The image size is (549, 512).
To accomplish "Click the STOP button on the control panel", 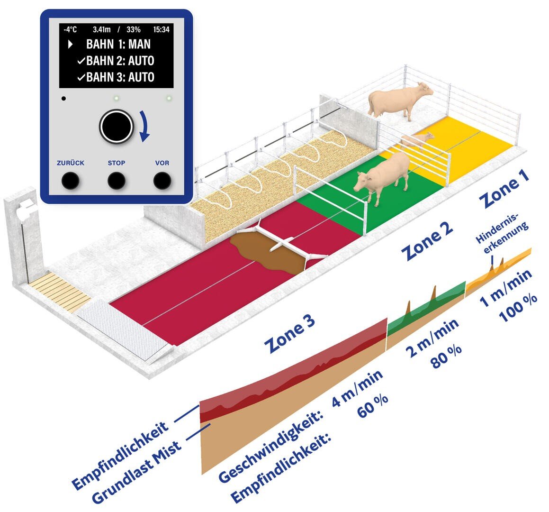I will tap(116, 180).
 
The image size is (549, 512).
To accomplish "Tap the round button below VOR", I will tap(162, 180).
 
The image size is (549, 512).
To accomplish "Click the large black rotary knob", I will tap(116, 126).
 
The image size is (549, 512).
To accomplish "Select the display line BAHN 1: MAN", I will tap(118, 45).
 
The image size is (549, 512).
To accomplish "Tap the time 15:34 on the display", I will tap(162, 29).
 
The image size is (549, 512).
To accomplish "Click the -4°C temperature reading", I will tap(70, 29).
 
